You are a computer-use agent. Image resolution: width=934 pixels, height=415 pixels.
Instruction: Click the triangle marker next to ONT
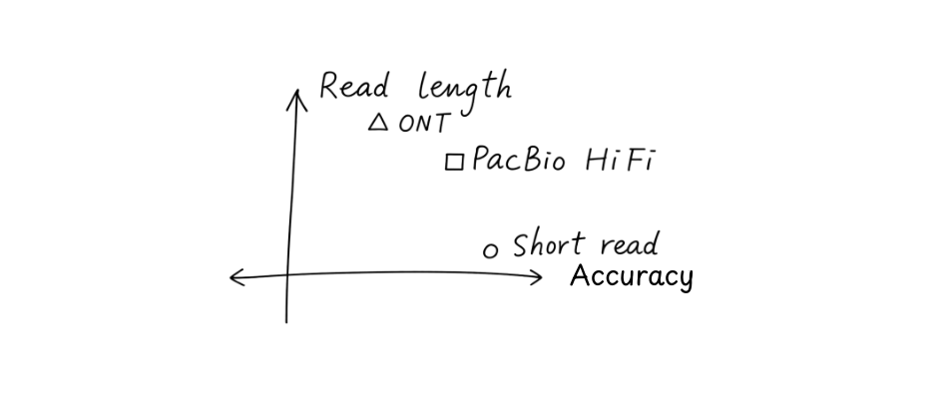377,123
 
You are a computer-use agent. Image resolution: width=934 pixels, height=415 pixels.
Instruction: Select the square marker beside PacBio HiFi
454,162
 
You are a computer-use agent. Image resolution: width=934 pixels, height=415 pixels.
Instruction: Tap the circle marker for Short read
490,250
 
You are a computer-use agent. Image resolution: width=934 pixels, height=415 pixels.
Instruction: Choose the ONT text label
424,125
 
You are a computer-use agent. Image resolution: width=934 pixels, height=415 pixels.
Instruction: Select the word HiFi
619,160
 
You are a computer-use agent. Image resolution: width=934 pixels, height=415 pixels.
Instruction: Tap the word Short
548,244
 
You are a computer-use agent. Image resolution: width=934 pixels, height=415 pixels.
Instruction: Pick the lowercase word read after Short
629,245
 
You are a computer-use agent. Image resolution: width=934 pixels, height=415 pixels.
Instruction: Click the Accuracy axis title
631,276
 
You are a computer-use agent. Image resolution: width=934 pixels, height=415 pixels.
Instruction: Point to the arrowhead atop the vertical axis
295,93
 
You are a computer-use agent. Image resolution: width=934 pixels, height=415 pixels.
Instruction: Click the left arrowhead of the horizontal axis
233,277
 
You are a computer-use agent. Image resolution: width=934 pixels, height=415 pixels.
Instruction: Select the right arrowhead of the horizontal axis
541,275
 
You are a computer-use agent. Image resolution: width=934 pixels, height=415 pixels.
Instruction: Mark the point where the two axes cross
287,275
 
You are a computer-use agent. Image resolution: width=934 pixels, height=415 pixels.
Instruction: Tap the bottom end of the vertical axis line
286,321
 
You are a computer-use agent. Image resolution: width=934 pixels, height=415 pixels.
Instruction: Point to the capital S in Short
521,244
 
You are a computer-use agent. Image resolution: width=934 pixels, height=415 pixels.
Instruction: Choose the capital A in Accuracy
581,275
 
